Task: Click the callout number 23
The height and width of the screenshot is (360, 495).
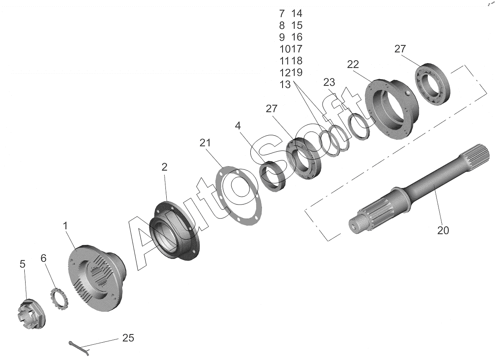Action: tap(329, 82)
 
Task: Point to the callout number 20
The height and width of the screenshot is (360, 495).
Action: tap(443, 230)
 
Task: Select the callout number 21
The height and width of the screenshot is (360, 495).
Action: tap(205, 143)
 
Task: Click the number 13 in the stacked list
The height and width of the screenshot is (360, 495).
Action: tap(285, 85)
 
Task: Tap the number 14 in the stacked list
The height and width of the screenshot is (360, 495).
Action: tap(297, 14)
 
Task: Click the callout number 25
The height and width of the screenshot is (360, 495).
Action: tap(128, 338)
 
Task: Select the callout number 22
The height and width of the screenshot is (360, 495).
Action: tap(353, 64)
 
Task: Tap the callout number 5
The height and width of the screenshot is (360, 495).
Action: tap(22, 264)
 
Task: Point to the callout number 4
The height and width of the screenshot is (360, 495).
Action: tap(238, 125)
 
